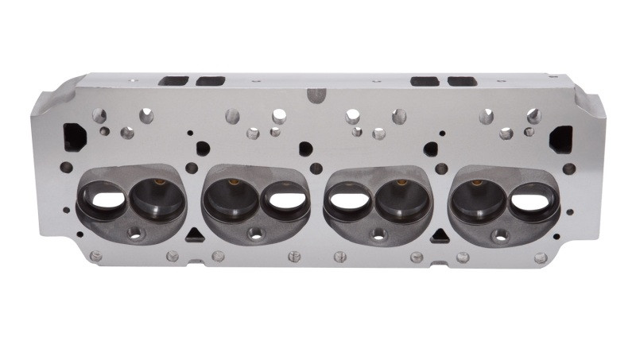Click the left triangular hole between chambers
[193, 234]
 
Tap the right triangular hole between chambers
[438, 235]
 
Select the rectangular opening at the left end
[74, 136]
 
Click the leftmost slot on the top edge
[173, 81]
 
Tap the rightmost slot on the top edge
[462, 81]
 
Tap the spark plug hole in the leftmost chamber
[134, 234]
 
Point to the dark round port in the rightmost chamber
[479, 199]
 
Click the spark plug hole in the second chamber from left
[255, 234]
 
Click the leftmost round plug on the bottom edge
[96, 256]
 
